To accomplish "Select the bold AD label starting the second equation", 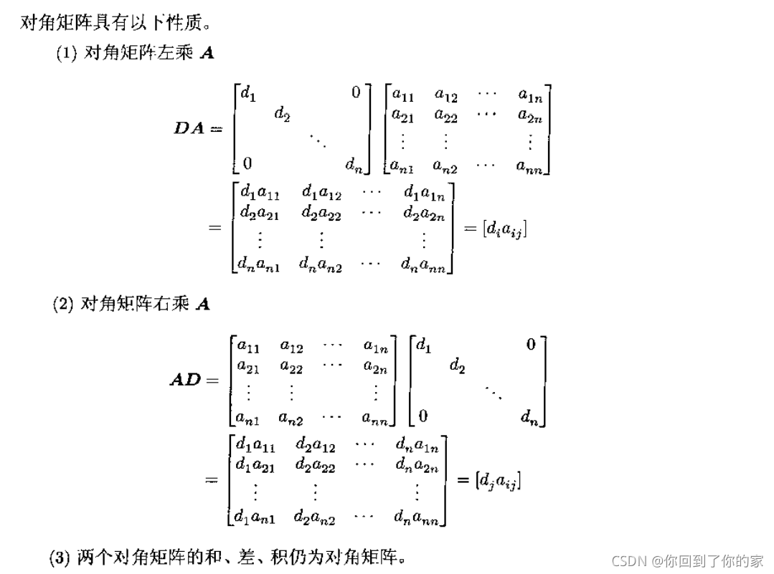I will pyautogui.click(x=186, y=380).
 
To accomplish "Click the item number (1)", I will pyautogui.click(x=67, y=54).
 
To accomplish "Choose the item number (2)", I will pyautogui.click(x=63, y=304).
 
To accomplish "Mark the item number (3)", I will pyautogui.click(x=60, y=558).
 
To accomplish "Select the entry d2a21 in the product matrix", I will pyautogui.click(x=260, y=213).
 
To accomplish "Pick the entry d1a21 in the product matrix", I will pyautogui.click(x=255, y=464).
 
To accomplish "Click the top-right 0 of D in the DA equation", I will pyautogui.click(x=356, y=93).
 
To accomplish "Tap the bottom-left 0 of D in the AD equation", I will pyautogui.click(x=423, y=416).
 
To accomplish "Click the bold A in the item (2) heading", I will pyautogui.click(x=203, y=304).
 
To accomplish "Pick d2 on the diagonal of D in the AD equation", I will pyautogui.click(x=457, y=367).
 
